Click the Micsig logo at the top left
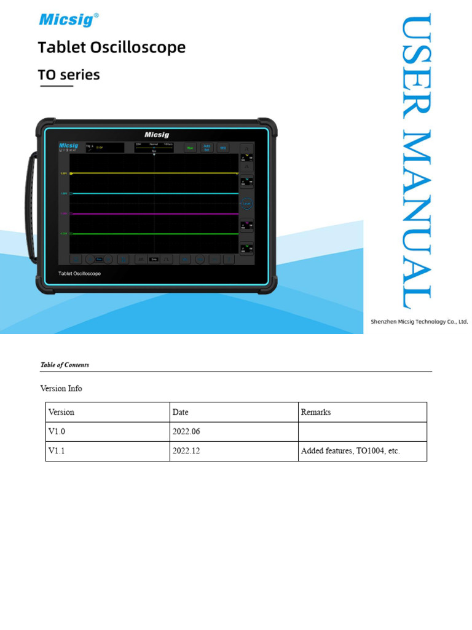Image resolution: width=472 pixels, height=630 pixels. pyautogui.click(x=68, y=20)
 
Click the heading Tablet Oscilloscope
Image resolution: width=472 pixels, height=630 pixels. pyautogui.click(x=111, y=47)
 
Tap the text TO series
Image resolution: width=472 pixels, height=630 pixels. pyautogui.click(x=68, y=75)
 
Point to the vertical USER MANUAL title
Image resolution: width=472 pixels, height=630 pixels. pyautogui.click(x=415, y=161)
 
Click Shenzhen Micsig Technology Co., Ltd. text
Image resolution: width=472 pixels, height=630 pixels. pyautogui.click(x=419, y=322)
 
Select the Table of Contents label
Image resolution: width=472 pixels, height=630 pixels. pyautogui.click(x=65, y=365)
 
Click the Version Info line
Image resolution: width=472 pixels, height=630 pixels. pyautogui.click(x=61, y=389)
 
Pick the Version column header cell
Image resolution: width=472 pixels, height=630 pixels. pyautogui.click(x=61, y=412)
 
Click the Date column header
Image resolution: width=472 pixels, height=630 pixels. pyautogui.click(x=181, y=412)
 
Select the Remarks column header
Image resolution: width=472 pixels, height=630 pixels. pyautogui.click(x=316, y=412)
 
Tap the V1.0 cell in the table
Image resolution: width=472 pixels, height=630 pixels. pyautogui.click(x=57, y=432)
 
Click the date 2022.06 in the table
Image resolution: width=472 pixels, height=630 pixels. pyautogui.click(x=186, y=432)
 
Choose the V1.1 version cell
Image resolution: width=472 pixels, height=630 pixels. pyautogui.click(x=57, y=451)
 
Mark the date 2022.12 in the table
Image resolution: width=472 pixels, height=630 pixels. pyautogui.click(x=186, y=451)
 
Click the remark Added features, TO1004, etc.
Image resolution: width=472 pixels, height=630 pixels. pyautogui.click(x=350, y=451)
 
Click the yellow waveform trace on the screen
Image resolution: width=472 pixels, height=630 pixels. pyautogui.click(x=154, y=173)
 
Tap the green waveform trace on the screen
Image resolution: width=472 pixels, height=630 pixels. pyautogui.click(x=154, y=234)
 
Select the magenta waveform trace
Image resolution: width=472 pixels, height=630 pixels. pyautogui.click(x=154, y=214)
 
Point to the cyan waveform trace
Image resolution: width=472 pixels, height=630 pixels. pyautogui.click(x=154, y=193)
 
